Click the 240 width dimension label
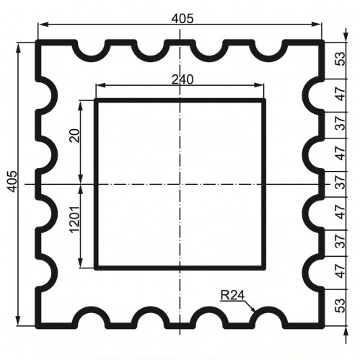coord(183,79)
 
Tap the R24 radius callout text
coord(232,295)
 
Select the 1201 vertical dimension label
coord(74,219)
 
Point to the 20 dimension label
coord(74,136)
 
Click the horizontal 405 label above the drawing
coord(183,19)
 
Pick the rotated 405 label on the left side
coord(12,181)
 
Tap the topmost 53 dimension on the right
coord(340,59)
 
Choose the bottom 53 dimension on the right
coord(340,306)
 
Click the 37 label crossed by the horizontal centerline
coord(340,183)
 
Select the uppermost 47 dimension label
coord(340,94)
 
